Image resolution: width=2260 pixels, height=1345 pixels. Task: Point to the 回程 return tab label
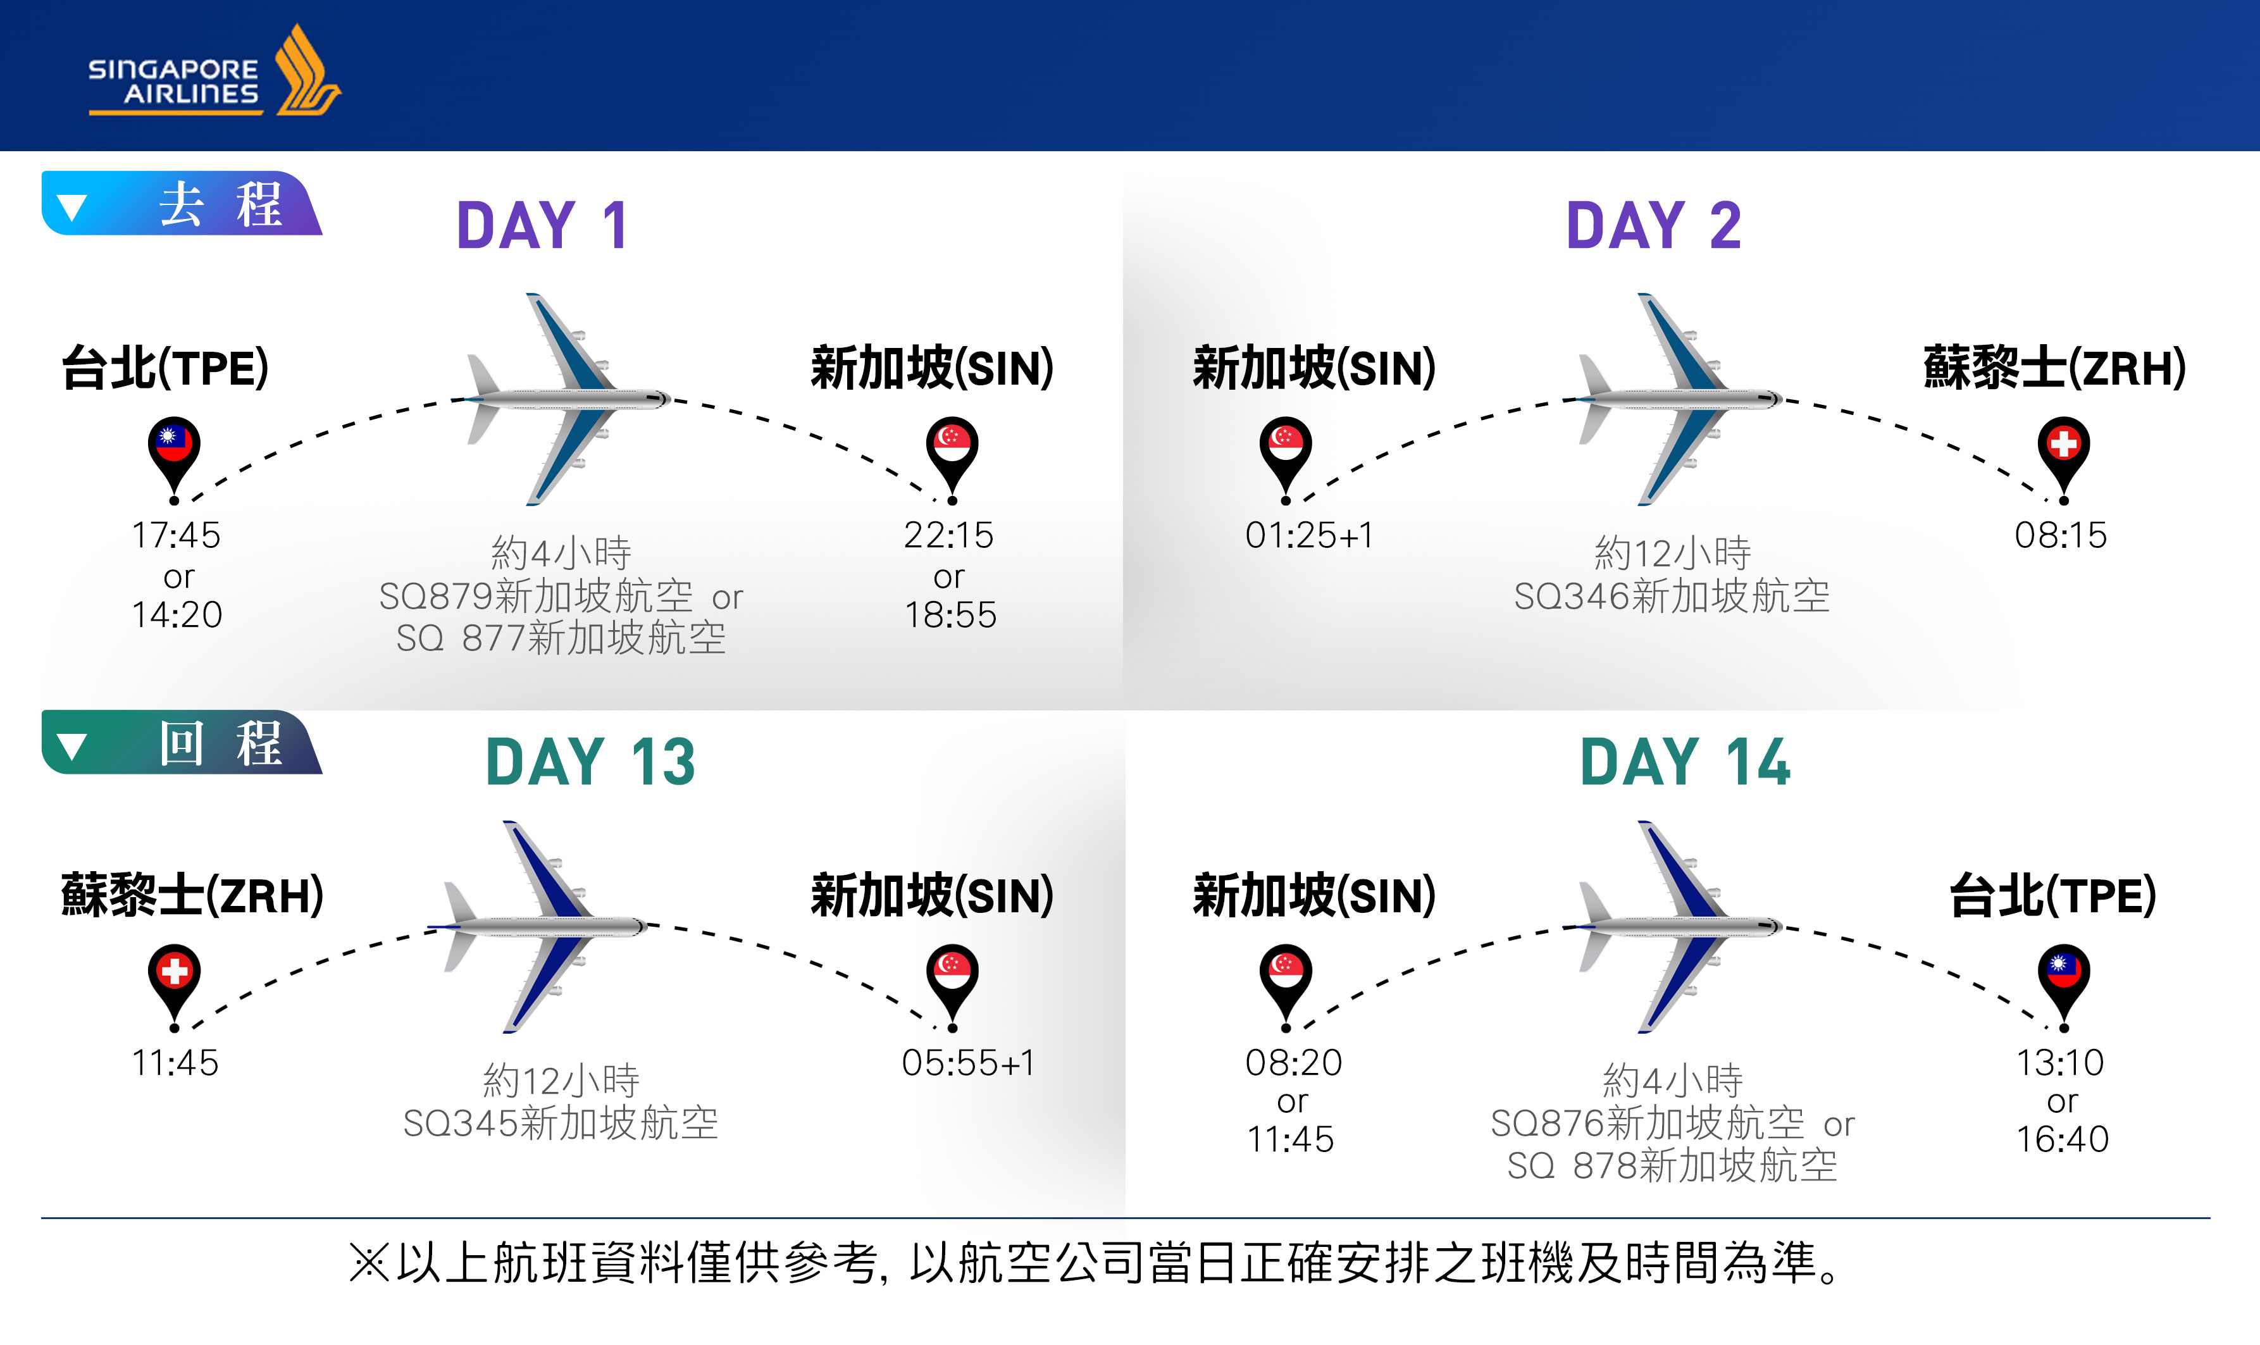tap(220, 743)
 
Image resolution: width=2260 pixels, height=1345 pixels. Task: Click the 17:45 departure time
tap(177, 535)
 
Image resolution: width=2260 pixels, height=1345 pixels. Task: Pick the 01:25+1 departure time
tap(1308, 535)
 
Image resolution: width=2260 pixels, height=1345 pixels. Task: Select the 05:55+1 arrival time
tap(968, 1062)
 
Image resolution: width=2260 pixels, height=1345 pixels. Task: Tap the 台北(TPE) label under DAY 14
tap(2052, 895)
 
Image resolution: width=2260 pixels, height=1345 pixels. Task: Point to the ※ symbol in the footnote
tap(369, 1263)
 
